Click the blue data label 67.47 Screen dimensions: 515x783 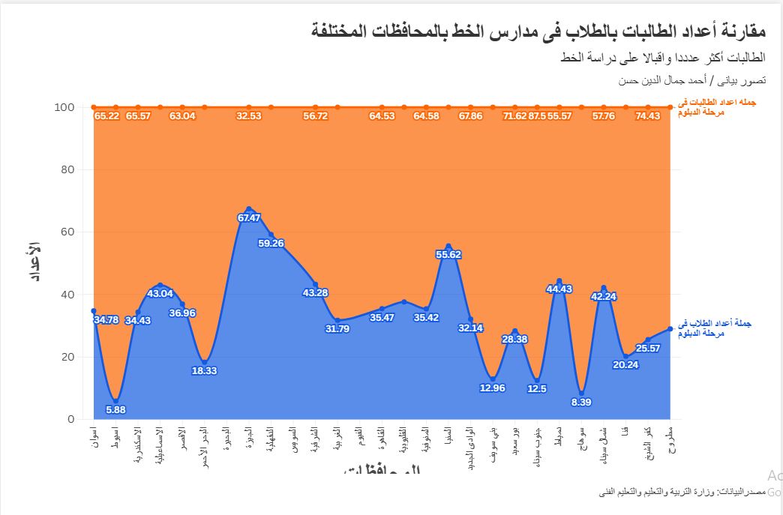coord(249,218)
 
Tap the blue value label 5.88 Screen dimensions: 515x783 coord(115,409)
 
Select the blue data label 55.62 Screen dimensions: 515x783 coord(448,254)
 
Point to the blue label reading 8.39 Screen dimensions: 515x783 coord(581,402)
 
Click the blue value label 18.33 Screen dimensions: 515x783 coord(205,370)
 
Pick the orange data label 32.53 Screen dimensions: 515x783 coord(249,115)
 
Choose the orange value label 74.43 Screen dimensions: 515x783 coord(648,115)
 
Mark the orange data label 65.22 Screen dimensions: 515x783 coord(106,115)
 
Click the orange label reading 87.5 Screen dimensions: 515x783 coord(537,115)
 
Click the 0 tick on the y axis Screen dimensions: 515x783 coord(70,419)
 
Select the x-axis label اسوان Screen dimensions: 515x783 coord(94,436)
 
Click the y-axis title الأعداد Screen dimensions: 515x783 coord(34,262)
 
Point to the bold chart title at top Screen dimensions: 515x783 coord(538,31)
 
